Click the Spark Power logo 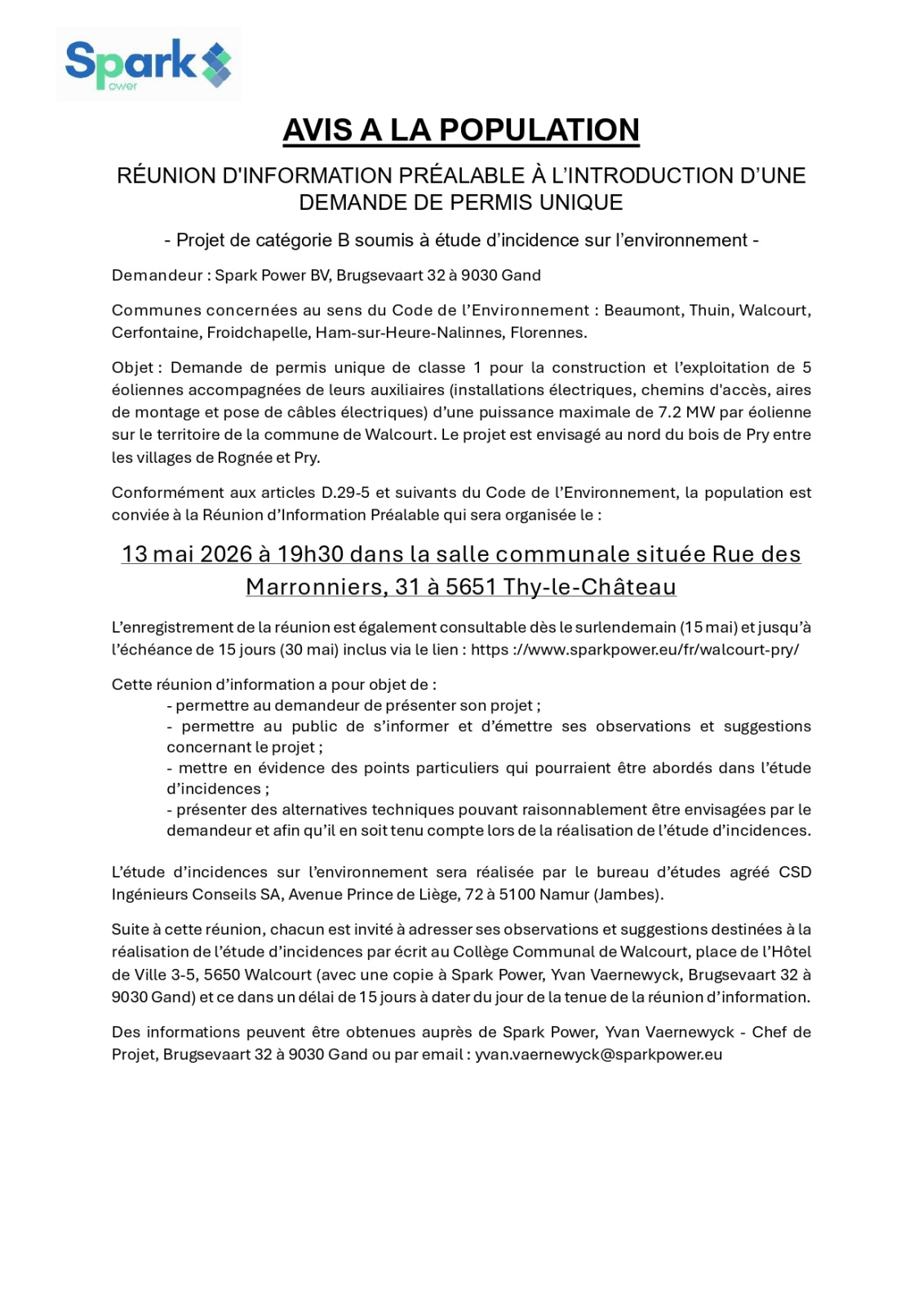(148, 64)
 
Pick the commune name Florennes (548, 333)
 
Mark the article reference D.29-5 (346, 492)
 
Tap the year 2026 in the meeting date (226, 554)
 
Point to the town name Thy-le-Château (590, 587)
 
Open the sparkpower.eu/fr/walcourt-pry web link (635, 650)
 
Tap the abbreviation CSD (795, 872)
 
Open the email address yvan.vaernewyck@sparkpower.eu (598, 1055)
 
